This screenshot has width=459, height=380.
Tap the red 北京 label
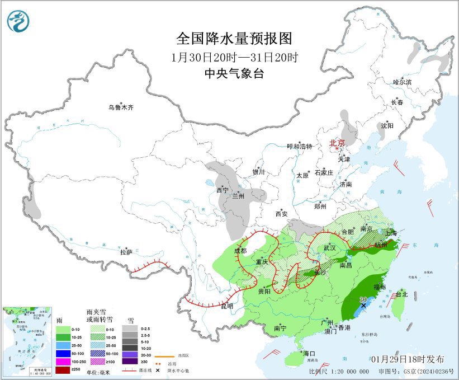click(337, 143)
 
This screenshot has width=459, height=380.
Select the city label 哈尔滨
click(401, 82)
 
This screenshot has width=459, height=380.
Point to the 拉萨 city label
click(126, 252)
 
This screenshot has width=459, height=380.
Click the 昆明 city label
click(226, 306)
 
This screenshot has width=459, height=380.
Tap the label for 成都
click(240, 251)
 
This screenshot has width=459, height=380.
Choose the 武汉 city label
click(328, 247)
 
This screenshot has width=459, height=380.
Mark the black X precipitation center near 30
click(363, 306)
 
